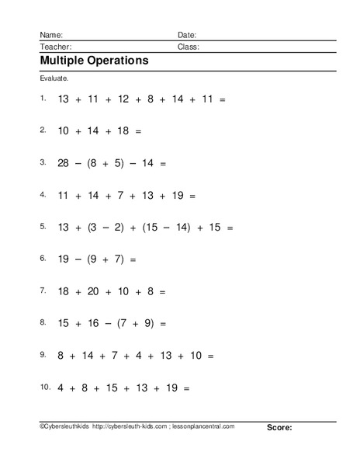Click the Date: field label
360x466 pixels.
tap(187, 35)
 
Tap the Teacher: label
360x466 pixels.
tap(54, 47)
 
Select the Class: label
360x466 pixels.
tap(189, 47)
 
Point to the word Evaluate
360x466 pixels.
tap(53, 79)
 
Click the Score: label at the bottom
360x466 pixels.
tap(279, 427)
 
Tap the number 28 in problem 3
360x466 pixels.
tap(64, 164)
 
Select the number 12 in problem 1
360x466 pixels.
tap(124, 100)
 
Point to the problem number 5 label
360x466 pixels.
tap(43, 227)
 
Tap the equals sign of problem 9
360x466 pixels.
tap(211, 355)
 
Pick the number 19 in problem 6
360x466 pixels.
tap(64, 259)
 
